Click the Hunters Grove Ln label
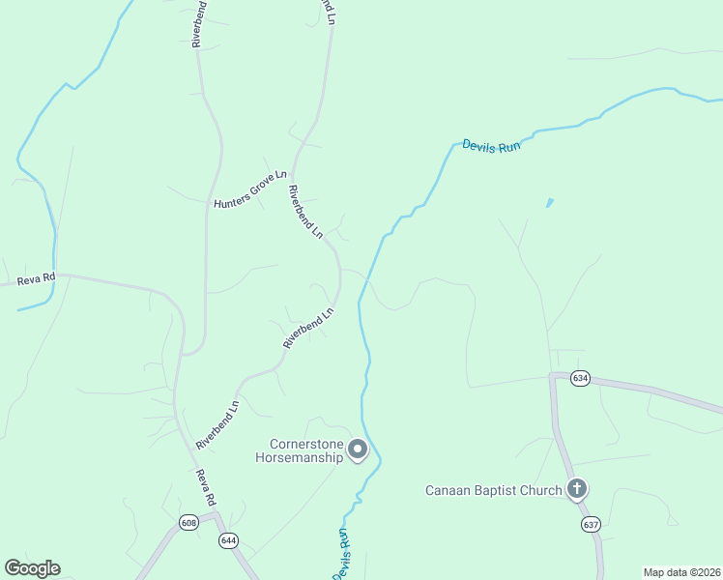click(250, 188)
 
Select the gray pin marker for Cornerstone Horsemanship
click(359, 449)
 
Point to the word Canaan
click(449, 490)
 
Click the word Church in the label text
click(540, 490)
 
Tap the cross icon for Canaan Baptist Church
click(577, 488)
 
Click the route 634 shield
click(580, 378)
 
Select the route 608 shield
click(189, 523)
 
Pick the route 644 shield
click(228, 539)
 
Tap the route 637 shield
click(591, 524)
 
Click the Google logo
click(32, 568)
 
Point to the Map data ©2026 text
click(681, 572)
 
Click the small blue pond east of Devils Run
click(549, 203)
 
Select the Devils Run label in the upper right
click(491, 146)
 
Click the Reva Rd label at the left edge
click(37, 280)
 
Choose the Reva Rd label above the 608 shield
click(204, 488)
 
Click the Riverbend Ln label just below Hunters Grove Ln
click(304, 212)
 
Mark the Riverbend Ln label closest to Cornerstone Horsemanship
click(217, 425)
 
